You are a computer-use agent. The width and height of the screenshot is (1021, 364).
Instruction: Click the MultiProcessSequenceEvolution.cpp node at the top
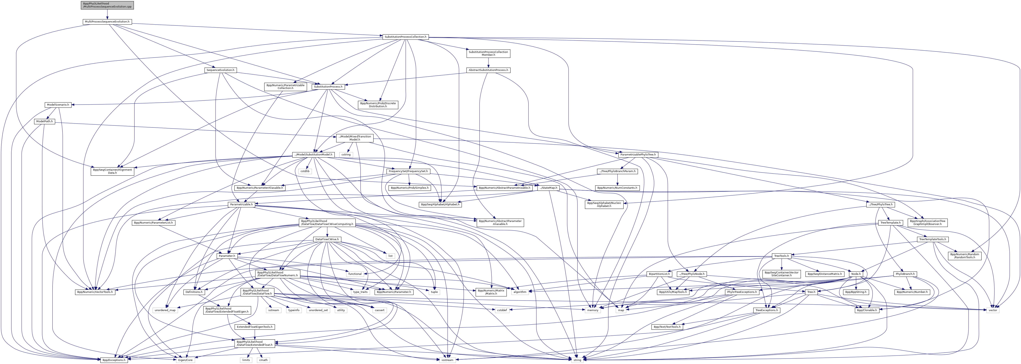pyautogui.click(x=107, y=5)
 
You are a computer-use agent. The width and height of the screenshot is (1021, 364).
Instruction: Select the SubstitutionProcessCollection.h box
pyautogui.click(x=405, y=37)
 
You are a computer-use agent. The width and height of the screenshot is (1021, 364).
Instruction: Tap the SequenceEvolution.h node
pyautogui.click(x=220, y=70)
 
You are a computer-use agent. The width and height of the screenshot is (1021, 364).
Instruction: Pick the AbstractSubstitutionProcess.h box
pyautogui.click(x=488, y=70)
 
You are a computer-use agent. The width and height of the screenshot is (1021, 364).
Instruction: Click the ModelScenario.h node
pyautogui.click(x=58, y=105)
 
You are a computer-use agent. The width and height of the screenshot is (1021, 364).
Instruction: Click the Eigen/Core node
pyautogui.click(x=185, y=360)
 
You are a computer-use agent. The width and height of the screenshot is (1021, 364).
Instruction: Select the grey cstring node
pyautogui.click(x=346, y=154)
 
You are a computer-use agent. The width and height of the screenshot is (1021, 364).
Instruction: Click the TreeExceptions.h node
pyautogui.click(x=767, y=310)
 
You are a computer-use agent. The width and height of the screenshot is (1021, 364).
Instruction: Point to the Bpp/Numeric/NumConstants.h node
pyautogui.click(x=618, y=188)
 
